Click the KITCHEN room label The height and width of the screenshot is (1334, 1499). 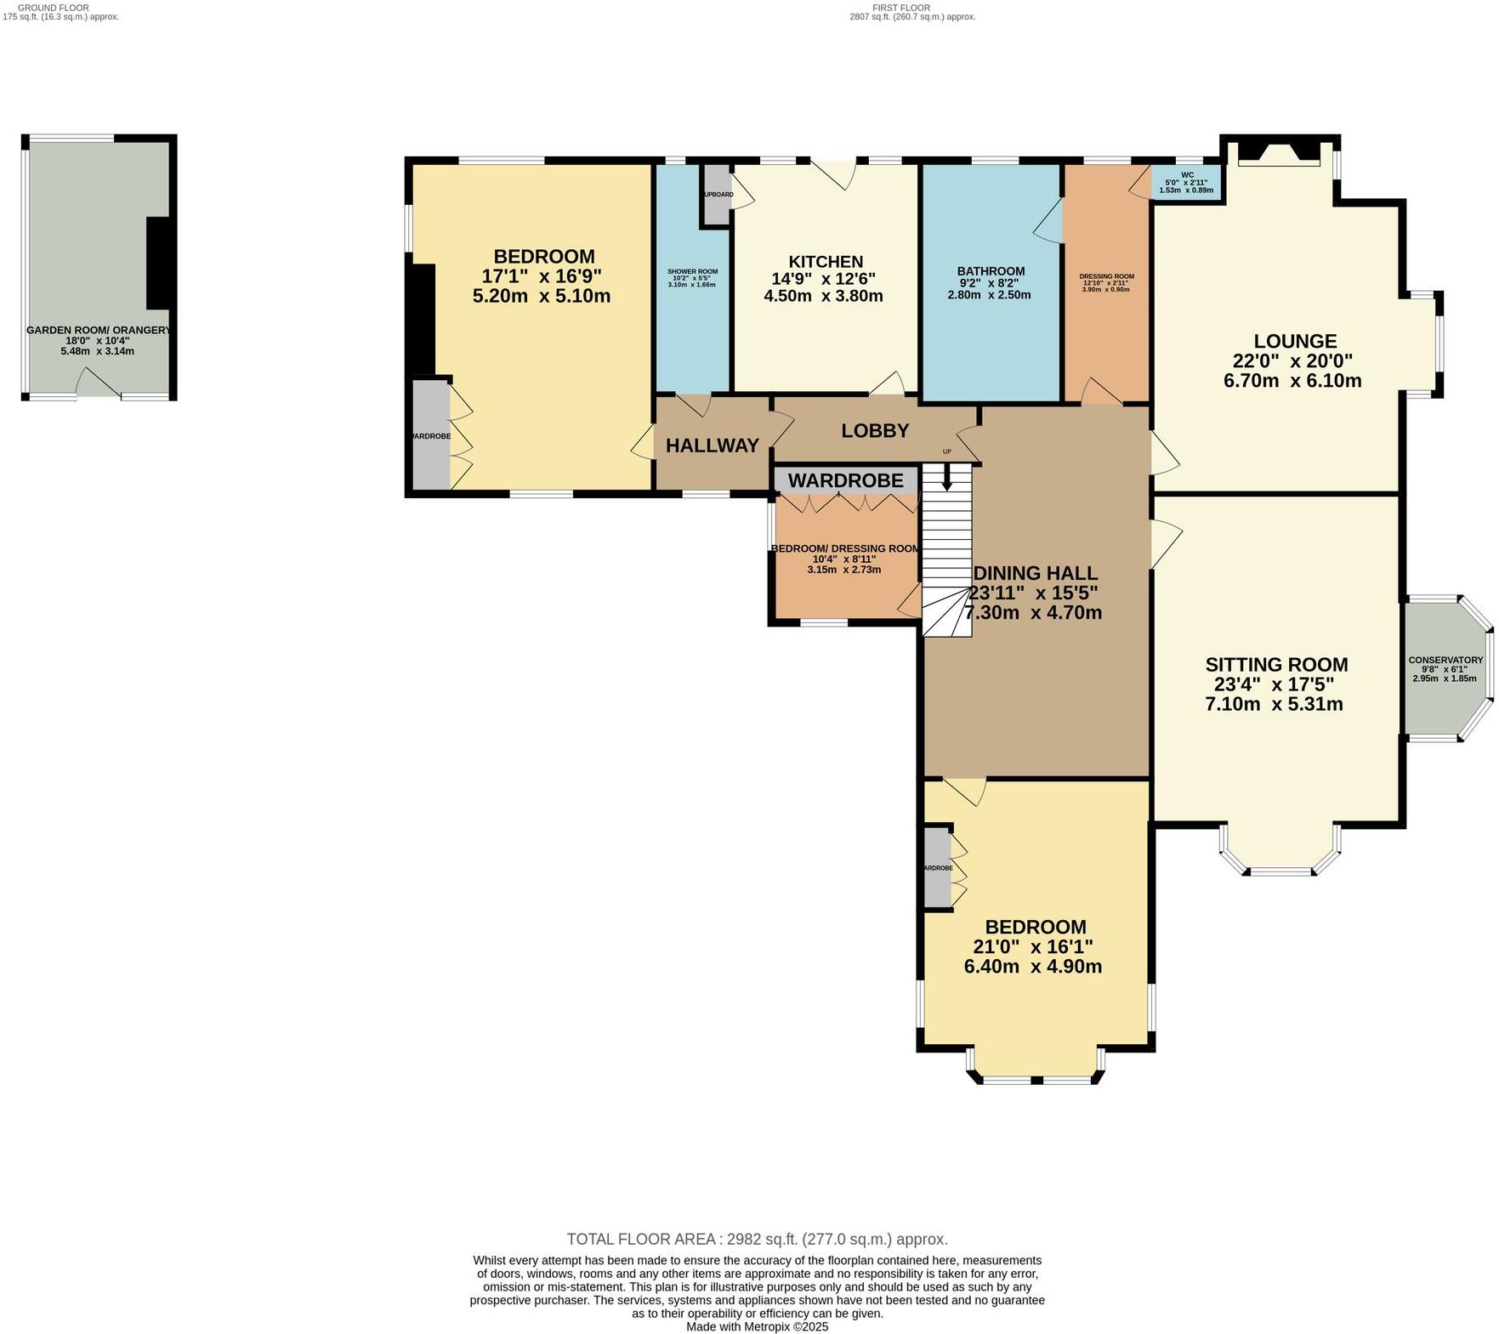tap(826, 262)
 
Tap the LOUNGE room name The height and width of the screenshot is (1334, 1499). tap(1295, 341)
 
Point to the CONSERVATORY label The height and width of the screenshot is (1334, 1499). tap(1445, 660)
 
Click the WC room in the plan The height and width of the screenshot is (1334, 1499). tap(1187, 182)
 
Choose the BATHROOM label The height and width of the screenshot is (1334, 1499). tap(991, 271)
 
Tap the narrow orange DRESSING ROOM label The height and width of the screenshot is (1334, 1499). tap(1106, 276)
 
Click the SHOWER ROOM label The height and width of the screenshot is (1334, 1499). tap(692, 271)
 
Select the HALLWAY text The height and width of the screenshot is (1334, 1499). tap(712, 446)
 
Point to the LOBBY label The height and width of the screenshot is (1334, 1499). tap(875, 431)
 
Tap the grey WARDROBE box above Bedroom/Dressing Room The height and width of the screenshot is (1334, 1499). tap(845, 480)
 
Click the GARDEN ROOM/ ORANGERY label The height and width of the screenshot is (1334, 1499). tap(99, 330)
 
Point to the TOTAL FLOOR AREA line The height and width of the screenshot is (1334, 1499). tap(757, 1239)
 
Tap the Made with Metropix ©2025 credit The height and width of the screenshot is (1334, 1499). tap(757, 1326)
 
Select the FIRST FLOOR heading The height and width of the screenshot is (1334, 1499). tap(902, 7)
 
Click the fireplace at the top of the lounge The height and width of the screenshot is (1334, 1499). tap(1280, 153)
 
